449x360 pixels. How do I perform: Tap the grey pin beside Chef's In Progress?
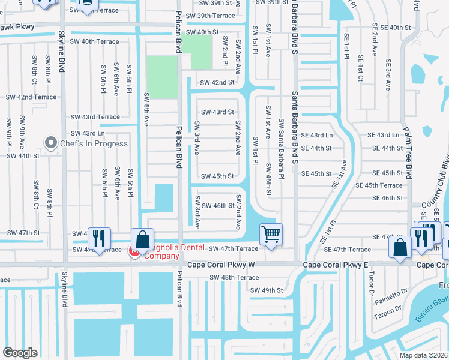click(50, 143)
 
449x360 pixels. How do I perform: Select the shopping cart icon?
click(271, 234)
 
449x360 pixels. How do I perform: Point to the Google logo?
click(20, 353)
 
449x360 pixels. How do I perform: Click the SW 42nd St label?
click(217, 82)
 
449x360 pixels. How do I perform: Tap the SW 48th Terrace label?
click(234, 278)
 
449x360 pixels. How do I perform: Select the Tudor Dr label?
click(372, 280)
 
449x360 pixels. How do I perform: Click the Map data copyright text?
click(423, 355)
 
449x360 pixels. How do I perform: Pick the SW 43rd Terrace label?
click(95, 117)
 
